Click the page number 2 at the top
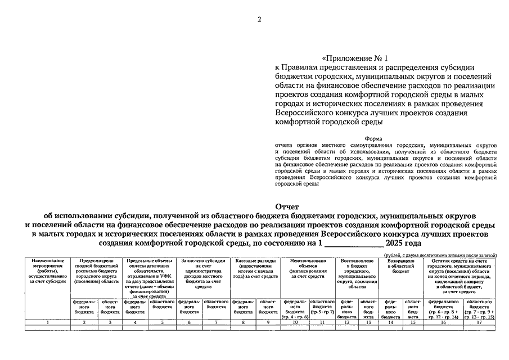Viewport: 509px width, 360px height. pyautogui.click(x=259, y=20)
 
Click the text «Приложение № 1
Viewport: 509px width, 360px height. pyautogui.click(x=354, y=58)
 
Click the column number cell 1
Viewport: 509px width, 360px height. pyautogui.click(x=49, y=322)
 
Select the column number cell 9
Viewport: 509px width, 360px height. pyautogui.click(x=267, y=322)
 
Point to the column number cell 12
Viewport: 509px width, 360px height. pyautogui.click(x=347, y=322)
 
